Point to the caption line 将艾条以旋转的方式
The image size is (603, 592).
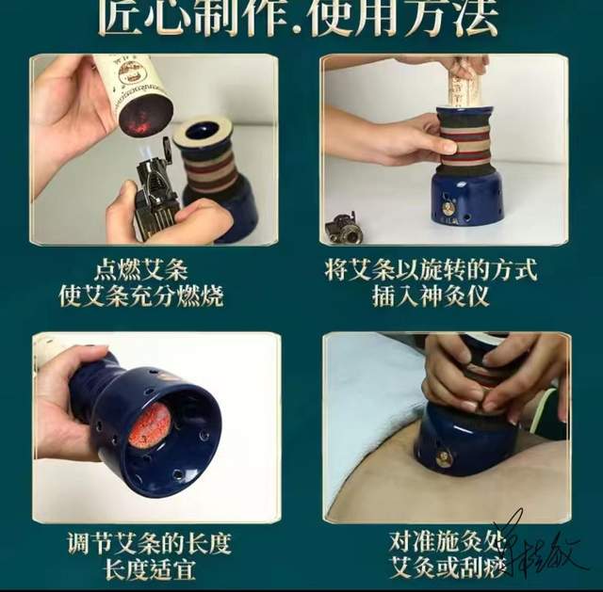pos(446,270)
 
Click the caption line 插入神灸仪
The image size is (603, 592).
pos(446,296)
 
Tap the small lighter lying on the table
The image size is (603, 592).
pos(341,229)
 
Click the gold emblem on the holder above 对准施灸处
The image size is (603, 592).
pos(444,458)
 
